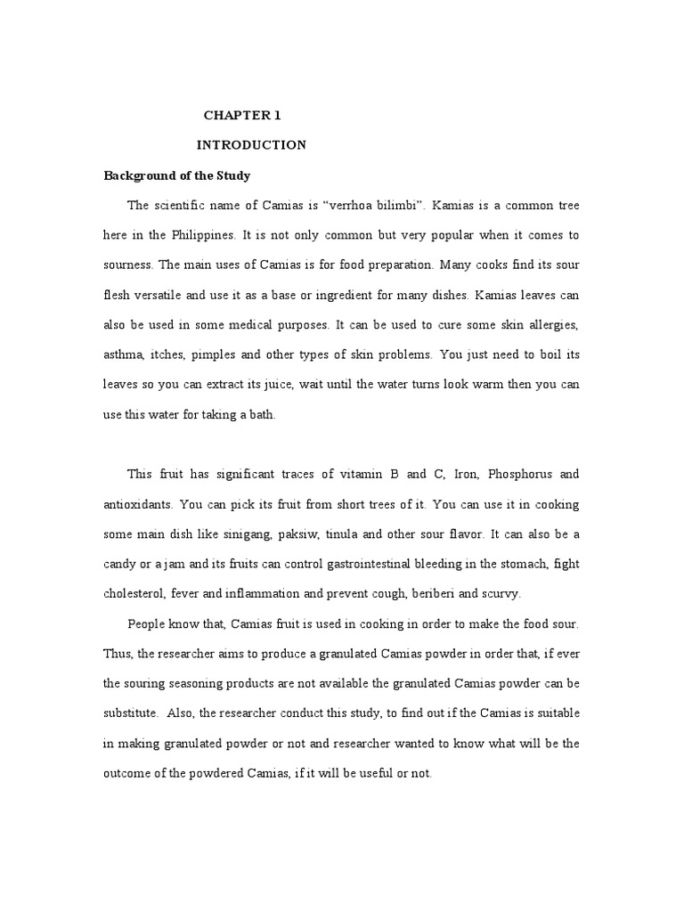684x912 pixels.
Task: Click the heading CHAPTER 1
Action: pos(242,115)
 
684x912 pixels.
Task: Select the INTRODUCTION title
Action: pos(251,145)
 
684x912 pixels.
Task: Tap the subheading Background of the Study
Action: pos(177,175)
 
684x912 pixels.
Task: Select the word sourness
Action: pos(130,265)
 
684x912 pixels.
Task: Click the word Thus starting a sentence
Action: pos(118,654)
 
